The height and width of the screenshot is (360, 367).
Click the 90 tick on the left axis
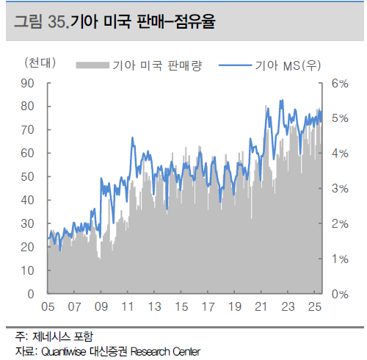click(x=49, y=83)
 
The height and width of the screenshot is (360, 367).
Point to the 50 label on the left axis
click(x=27, y=177)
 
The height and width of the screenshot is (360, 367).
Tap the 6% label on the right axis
click(x=340, y=84)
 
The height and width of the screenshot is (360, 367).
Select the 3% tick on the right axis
click(x=321, y=189)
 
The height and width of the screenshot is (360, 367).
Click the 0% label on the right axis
click(x=340, y=294)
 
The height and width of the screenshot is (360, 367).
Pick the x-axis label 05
click(x=48, y=307)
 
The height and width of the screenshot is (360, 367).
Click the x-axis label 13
click(x=155, y=307)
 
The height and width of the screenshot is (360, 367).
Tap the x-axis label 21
click(x=261, y=307)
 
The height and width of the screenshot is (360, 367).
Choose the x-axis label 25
click(x=315, y=307)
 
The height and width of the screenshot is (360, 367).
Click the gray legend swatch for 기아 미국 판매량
click(x=92, y=65)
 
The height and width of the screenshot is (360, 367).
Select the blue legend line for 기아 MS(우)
click(x=235, y=65)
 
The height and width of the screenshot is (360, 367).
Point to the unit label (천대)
click(x=40, y=63)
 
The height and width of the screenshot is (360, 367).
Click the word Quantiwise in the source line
click(x=64, y=352)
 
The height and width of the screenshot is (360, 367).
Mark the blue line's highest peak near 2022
click(x=281, y=100)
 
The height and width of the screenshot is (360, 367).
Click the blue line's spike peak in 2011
click(x=133, y=137)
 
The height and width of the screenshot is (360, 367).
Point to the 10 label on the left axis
click(x=27, y=270)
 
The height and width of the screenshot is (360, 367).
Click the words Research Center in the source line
click(x=165, y=352)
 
